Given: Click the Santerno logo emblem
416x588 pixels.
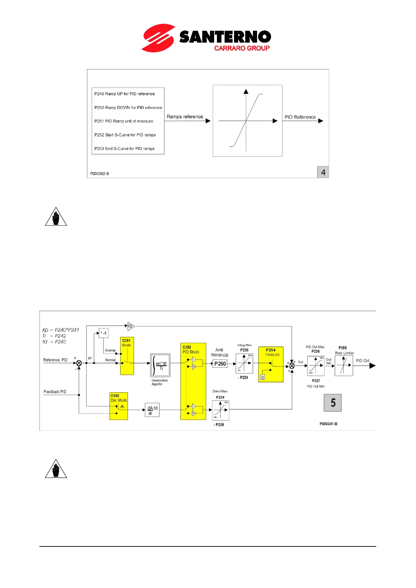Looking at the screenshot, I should click(x=158, y=38).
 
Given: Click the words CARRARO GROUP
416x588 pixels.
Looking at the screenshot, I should click(x=242, y=48).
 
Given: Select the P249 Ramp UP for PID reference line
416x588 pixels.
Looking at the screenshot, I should click(x=124, y=94).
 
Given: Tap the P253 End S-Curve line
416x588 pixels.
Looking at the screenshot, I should click(x=124, y=149).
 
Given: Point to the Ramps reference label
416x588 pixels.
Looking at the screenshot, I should click(x=185, y=117).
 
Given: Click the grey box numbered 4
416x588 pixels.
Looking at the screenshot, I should click(x=323, y=172).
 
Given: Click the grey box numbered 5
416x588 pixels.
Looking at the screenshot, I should click(x=333, y=403).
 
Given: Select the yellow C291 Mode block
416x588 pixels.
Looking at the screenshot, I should click(x=127, y=356).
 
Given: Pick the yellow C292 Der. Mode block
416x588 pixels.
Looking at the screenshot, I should click(x=119, y=406).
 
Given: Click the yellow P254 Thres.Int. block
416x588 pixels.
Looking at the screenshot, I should click(x=271, y=365).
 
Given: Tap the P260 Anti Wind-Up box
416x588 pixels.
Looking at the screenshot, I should click(x=220, y=364).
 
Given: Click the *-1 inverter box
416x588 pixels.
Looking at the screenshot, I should click(x=104, y=333).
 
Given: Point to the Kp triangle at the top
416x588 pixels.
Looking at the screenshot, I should click(x=131, y=326).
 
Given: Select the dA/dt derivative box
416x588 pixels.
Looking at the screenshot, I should click(x=152, y=410).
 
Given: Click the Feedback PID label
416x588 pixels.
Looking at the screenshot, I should click(x=55, y=392).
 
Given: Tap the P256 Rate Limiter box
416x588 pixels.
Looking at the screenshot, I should click(x=344, y=366).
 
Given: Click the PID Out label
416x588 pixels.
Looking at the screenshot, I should click(x=363, y=361).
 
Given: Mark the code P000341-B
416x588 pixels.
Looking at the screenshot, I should click(x=328, y=424).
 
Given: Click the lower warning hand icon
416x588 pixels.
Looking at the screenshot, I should click(x=56, y=469).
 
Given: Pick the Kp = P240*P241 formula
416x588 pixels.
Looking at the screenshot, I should click(x=61, y=330).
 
